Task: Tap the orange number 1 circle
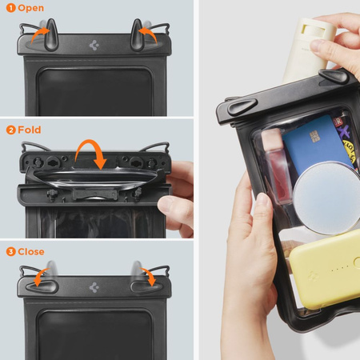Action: (10, 8)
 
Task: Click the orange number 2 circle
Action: (10, 130)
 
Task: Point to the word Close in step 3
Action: (33, 250)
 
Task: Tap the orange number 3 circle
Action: (10, 250)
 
